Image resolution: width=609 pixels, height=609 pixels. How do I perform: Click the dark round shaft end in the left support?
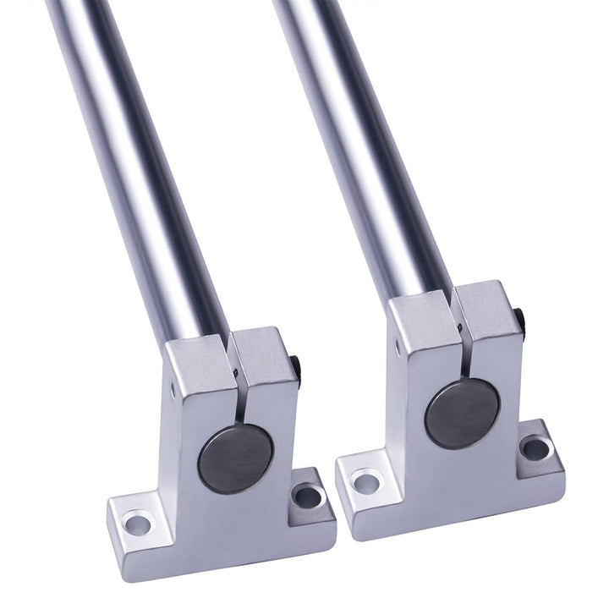pyautogui.click(x=235, y=459)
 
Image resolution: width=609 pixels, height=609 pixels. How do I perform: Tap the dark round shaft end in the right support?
pyautogui.click(x=461, y=414)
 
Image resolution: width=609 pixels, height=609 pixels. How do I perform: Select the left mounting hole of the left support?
pyautogui.click(x=137, y=524)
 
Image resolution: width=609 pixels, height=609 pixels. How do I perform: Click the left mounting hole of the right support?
pyautogui.click(x=365, y=483)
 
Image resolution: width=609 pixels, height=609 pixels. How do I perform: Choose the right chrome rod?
pyautogui.click(x=364, y=144)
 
